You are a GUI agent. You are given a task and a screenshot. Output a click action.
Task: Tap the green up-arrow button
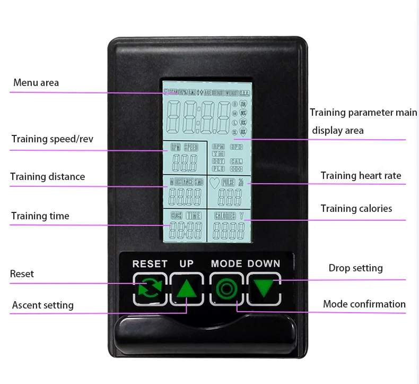tap(187, 289)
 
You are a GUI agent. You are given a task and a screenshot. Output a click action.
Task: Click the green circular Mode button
tap(226, 289)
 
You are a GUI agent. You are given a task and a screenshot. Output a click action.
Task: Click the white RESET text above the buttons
tap(150, 263)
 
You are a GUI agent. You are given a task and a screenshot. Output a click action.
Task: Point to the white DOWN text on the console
tap(264, 263)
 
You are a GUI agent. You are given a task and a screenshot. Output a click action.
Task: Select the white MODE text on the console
tap(226, 263)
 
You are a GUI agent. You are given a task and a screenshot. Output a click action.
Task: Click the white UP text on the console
tap(187, 263)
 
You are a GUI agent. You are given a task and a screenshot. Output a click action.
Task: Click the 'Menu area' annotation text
tap(36, 83)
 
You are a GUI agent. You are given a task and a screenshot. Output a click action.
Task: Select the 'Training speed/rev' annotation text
tap(53, 139)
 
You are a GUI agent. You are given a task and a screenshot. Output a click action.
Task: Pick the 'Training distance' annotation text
tap(47, 177)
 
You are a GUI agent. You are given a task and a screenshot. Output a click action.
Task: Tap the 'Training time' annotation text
tap(40, 216)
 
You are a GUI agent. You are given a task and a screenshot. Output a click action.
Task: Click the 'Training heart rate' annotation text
tap(361, 176)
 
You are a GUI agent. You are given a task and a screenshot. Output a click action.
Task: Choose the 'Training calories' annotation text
tap(356, 209)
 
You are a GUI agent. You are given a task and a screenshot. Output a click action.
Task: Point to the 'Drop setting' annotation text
tap(355, 268)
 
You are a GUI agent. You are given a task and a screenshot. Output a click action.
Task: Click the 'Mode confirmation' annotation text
tap(364, 304)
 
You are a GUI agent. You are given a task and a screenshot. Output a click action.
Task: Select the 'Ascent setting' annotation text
tap(43, 305)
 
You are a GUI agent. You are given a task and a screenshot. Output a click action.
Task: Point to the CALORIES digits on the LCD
tap(229, 230)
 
